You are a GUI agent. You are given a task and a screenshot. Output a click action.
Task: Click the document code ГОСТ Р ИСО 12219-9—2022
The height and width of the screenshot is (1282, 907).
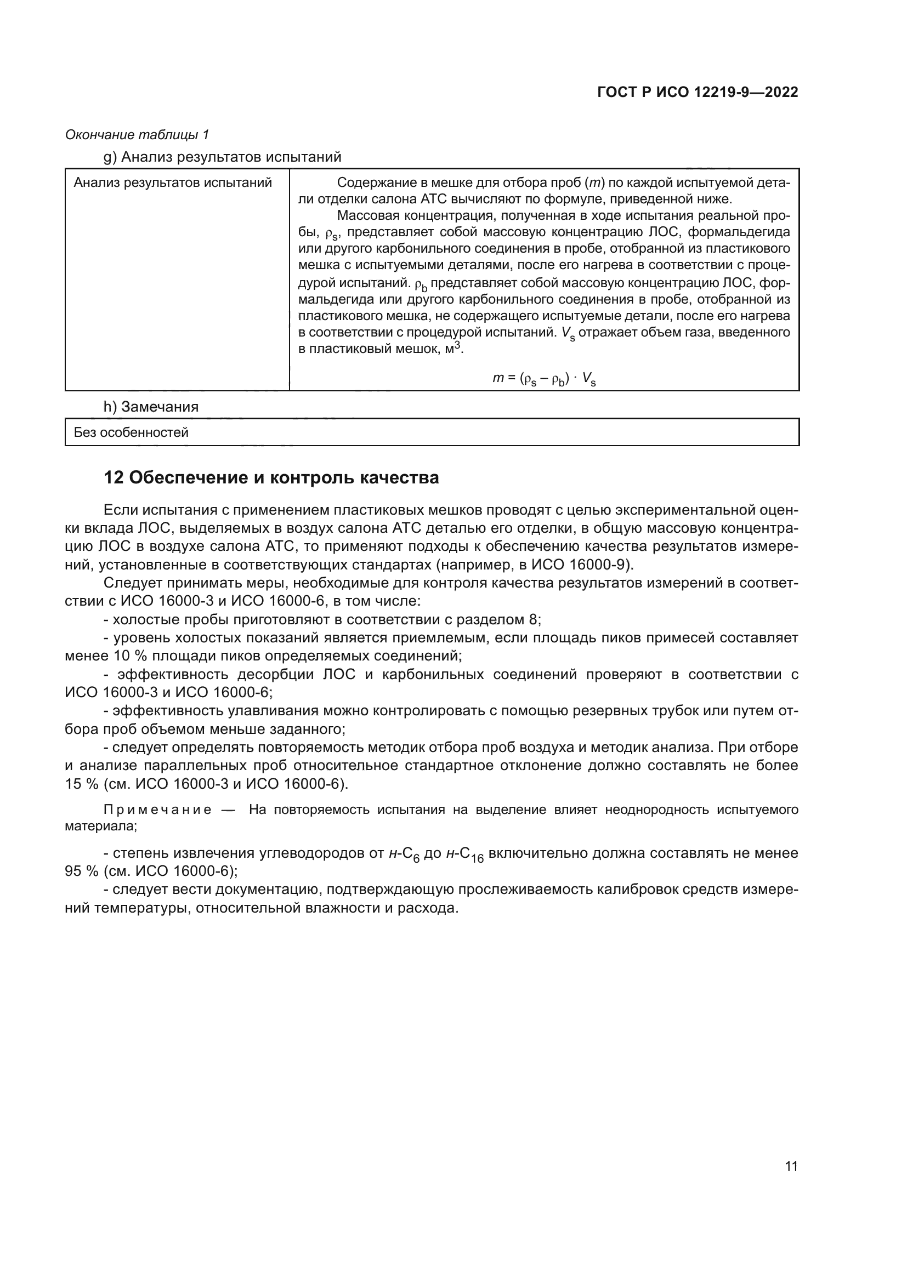[698, 92]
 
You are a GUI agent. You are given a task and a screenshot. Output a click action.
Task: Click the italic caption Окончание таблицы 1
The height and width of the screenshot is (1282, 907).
[137, 135]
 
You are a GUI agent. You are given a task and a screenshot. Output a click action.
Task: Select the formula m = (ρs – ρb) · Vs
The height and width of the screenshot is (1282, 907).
[543, 379]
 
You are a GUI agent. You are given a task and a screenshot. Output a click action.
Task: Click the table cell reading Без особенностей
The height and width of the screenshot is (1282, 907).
[131, 432]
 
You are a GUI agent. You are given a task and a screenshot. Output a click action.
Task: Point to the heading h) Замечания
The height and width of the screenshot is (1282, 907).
[151, 407]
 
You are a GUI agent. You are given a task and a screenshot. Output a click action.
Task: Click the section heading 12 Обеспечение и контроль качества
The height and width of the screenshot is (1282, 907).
[271, 478]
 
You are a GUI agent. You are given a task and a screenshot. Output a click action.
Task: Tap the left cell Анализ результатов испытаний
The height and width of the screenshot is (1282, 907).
[173, 183]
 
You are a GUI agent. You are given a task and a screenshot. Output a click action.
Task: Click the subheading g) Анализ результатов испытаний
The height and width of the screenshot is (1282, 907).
[222, 157]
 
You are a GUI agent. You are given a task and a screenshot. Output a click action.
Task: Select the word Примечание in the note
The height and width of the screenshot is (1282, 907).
[157, 810]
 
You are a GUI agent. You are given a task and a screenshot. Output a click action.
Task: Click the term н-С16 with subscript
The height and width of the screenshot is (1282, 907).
[464, 854]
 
